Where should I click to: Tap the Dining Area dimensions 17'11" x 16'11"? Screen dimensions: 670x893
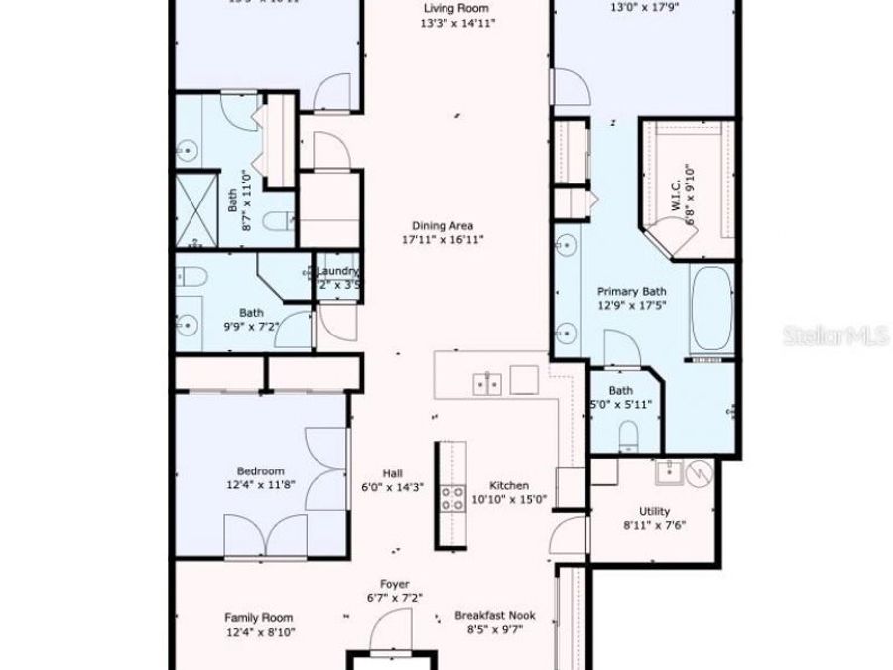click(442, 240)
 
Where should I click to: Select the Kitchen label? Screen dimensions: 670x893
click(509, 485)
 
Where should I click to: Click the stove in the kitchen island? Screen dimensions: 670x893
click(453, 497)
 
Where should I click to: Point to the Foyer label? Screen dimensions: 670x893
click(395, 584)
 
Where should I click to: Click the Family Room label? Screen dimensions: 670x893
click(258, 617)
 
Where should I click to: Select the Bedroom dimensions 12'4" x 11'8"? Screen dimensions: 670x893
click(260, 486)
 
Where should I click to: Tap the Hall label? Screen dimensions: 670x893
click(394, 472)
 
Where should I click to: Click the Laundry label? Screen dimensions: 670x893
click(338, 271)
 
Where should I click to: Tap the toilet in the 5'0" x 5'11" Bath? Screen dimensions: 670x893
click(628, 434)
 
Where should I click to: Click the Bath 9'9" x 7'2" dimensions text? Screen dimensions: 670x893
click(251, 326)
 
